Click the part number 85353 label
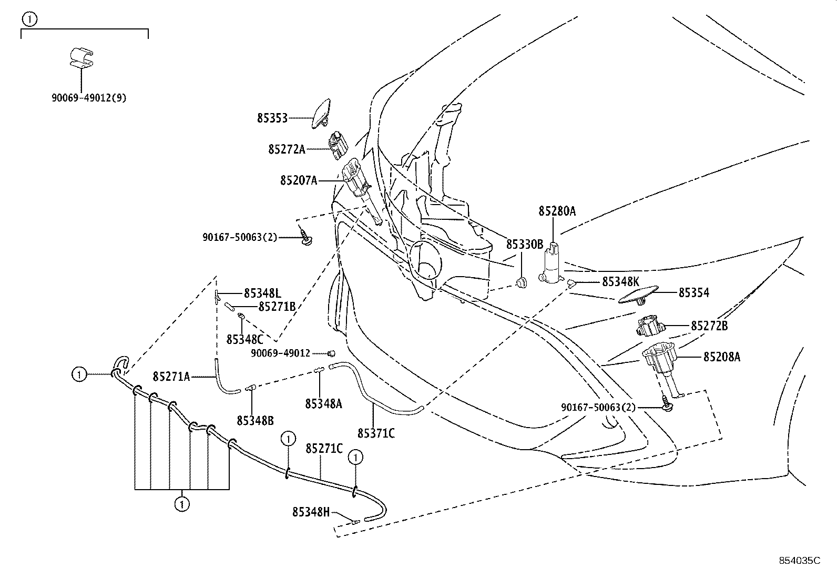pos(272,118)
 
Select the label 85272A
pos(286,149)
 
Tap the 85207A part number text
pos(298,181)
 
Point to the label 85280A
pos(557,211)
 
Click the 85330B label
pos(524,245)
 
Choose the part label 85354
pos(693,293)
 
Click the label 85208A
pos(721,357)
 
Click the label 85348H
pos(311,511)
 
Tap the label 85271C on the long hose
pos(324,449)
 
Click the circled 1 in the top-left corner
pos(29,19)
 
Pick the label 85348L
pos(262,293)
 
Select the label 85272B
pos(709,326)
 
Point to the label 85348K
pos(620,281)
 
